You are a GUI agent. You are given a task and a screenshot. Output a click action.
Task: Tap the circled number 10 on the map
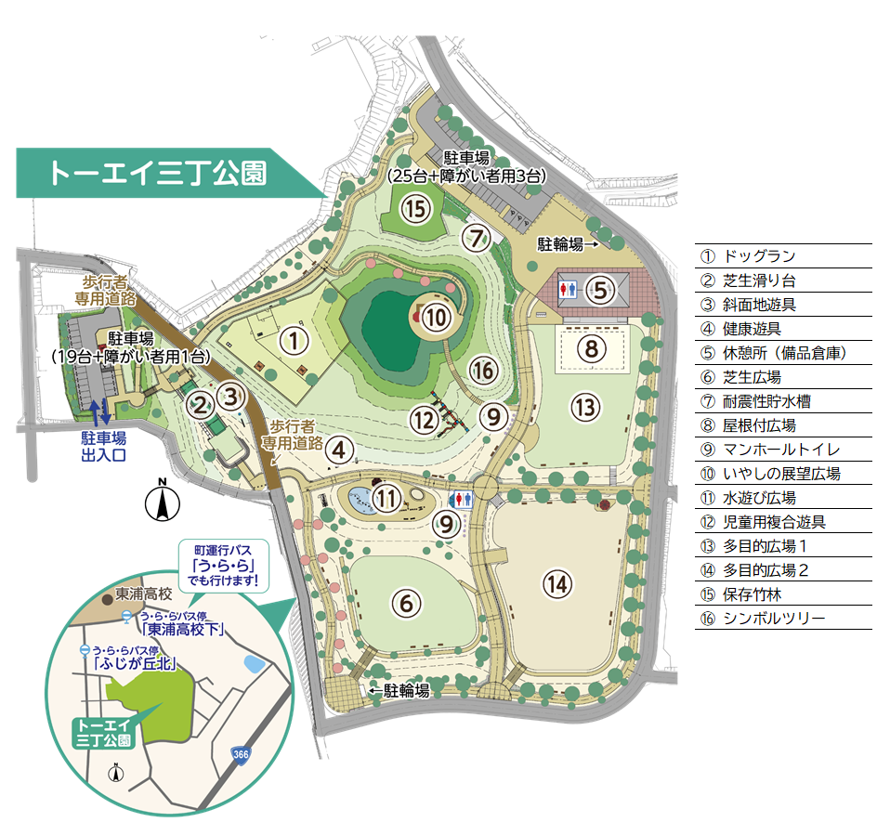[436, 318]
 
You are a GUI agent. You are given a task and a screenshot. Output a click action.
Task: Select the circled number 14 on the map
[556, 584]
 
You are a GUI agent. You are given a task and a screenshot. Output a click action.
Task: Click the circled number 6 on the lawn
[405, 603]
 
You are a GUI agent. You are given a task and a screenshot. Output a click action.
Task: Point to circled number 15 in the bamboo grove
[418, 209]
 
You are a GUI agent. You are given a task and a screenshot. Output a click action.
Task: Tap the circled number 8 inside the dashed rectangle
[591, 349]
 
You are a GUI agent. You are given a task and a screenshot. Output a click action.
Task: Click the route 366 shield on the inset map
[240, 753]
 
